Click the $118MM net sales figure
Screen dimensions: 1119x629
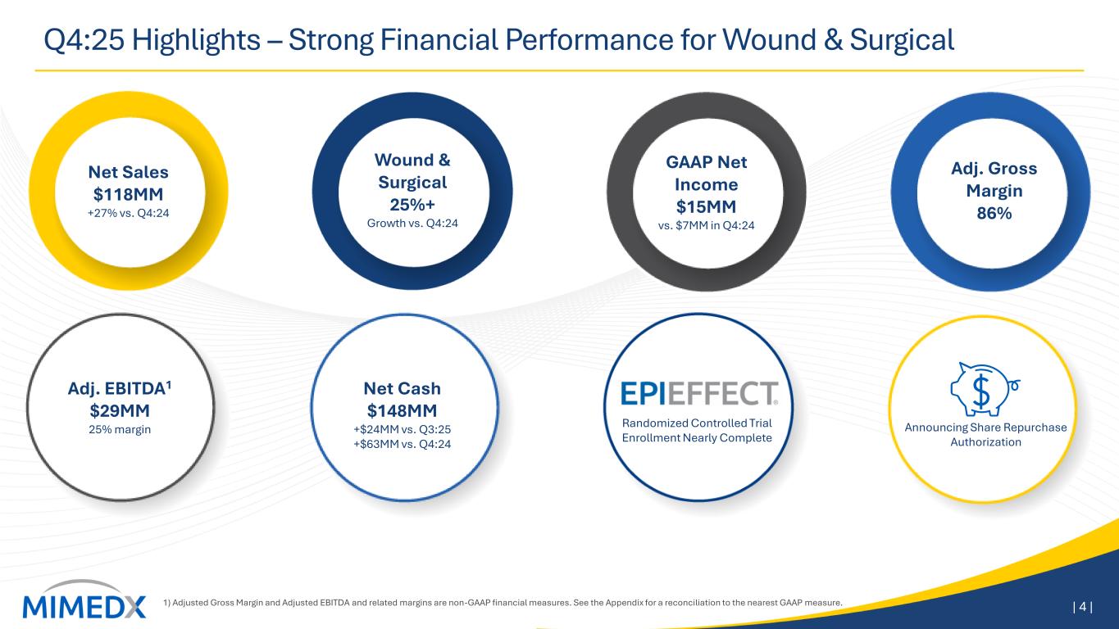[x=129, y=194]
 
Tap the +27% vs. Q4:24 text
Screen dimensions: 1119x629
[x=129, y=213]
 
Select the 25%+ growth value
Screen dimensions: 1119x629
[x=412, y=205]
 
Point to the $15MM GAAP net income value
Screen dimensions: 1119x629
[x=706, y=206]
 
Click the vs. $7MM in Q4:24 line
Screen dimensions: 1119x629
[x=706, y=226]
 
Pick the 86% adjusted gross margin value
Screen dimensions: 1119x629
[x=994, y=214]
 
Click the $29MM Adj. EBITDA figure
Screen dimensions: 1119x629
[x=120, y=411]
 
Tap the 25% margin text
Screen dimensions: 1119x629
[x=120, y=429]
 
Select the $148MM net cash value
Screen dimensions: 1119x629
[x=403, y=411]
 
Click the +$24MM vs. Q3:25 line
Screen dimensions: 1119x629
[x=403, y=429]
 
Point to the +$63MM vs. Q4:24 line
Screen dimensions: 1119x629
[x=403, y=444]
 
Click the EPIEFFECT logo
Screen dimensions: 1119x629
[x=699, y=393]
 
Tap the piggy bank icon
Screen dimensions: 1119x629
[x=985, y=389]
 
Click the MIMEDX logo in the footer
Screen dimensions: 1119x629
[x=84, y=600]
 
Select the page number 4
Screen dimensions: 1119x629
[x=1082, y=607]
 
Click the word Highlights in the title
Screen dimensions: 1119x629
[x=196, y=40]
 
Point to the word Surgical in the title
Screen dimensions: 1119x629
[x=902, y=39]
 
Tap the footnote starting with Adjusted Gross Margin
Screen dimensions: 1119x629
[x=503, y=603]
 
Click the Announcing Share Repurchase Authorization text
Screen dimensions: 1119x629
[x=985, y=435]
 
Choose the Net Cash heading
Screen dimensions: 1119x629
[x=403, y=388]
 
